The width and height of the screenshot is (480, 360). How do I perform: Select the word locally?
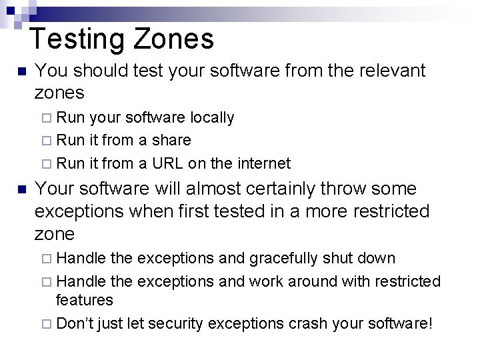pyautogui.click(x=212, y=118)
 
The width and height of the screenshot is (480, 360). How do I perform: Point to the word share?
pyautogui.click(x=171, y=141)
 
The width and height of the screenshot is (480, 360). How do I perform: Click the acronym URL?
pyautogui.click(x=167, y=163)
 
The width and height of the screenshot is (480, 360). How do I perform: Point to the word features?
pyautogui.click(x=84, y=301)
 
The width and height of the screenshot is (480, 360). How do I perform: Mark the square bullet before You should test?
pyautogui.click(x=21, y=71)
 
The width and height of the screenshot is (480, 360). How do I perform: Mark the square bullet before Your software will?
pyautogui.click(x=21, y=190)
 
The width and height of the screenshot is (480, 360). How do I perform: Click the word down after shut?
pyautogui.click(x=377, y=258)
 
